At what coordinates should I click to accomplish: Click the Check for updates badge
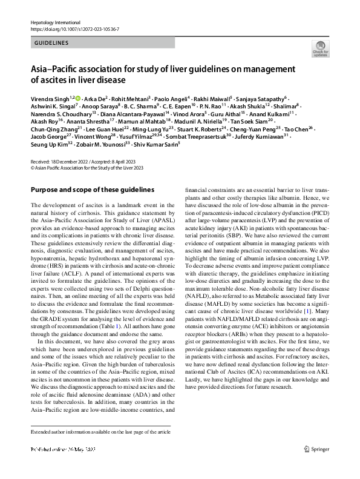pyautogui.click(x=319, y=50)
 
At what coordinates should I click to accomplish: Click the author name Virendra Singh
pyautogui.click(x=50, y=98)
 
